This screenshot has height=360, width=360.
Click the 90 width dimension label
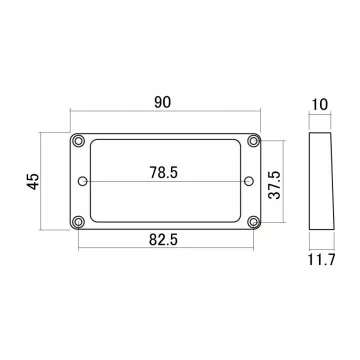(x=165, y=104)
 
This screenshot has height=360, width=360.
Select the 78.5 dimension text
(x=165, y=172)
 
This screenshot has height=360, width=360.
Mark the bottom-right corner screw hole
(x=256, y=223)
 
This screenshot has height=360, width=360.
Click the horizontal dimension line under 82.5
(x=165, y=249)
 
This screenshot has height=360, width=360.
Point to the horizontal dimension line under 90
(x=165, y=117)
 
